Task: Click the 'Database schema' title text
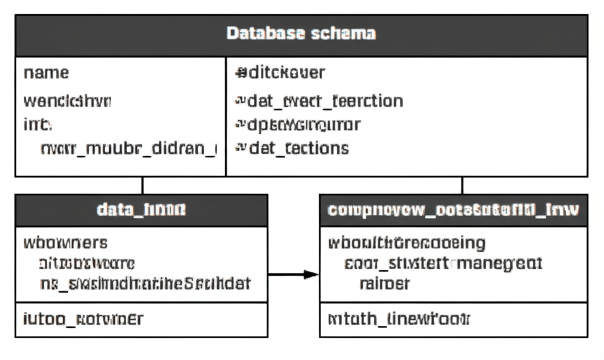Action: coord(301,33)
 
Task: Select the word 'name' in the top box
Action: coord(46,73)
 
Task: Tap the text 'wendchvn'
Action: coord(67,101)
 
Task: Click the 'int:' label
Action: coord(37,125)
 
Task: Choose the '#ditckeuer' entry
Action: coord(280,73)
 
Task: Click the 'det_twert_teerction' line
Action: coord(319,101)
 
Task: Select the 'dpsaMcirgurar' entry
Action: coord(298,125)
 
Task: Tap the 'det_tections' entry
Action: coord(292,148)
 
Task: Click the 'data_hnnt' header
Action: coord(141,210)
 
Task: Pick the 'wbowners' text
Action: coord(65,242)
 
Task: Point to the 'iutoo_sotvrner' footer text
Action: coord(83,319)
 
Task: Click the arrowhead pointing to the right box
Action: coord(311,274)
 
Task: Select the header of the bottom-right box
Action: coord(453,210)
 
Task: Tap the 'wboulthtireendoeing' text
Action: coord(406,242)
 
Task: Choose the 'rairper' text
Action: coord(384,283)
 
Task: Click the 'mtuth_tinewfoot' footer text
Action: coord(398,319)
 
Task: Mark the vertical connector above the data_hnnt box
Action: coord(142,185)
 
